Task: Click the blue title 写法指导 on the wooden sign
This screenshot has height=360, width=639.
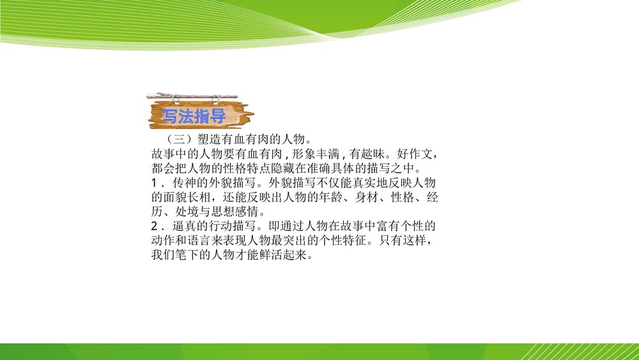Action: [194, 116]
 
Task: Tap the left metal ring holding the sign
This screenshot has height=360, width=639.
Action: [176, 99]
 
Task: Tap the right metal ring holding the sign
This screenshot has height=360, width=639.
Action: [215, 99]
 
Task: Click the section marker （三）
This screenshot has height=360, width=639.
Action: [179, 139]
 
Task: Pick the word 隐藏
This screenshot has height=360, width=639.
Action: [282, 168]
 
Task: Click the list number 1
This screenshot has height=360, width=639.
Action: [154, 183]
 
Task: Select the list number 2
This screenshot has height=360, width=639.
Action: [154, 226]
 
